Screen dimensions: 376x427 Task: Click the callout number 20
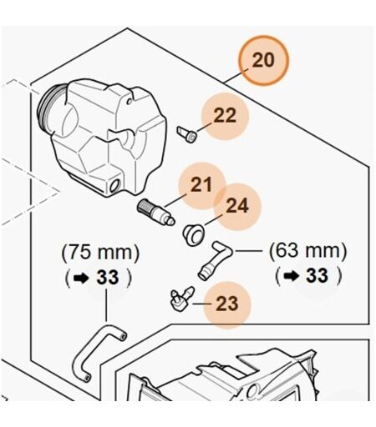pyautogui.click(x=263, y=60)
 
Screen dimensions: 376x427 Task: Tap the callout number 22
pyautogui.click(x=225, y=115)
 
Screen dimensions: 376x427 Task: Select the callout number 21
pyautogui.click(x=201, y=184)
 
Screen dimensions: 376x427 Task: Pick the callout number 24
pyautogui.click(x=237, y=206)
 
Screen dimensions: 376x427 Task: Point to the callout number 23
pyautogui.click(x=227, y=304)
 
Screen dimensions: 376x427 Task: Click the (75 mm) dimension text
pyautogui.click(x=100, y=252)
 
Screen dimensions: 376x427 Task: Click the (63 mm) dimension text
pyautogui.click(x=308, y=251)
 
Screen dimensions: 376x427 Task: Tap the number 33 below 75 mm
pyautogui.click(x=108, y=278)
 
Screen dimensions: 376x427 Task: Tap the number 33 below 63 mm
pyautogui.click(x=318, y=275)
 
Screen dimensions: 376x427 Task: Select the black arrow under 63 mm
pyautogui.click(x=291, y=276)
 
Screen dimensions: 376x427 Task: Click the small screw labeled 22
pyautogui.click(x=187, y=134)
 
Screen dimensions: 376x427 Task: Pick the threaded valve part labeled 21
pyautogui.click(x=156, y=212)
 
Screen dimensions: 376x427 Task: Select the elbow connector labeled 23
pyautogui.click(x=181, y=299)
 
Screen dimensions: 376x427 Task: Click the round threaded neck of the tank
pyautogui.click(x=48, y=107)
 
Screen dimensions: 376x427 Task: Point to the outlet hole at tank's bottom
pyautogui.click(x=114, y=185)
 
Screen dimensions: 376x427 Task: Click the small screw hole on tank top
pyautogui.click(x=129, y=101)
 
